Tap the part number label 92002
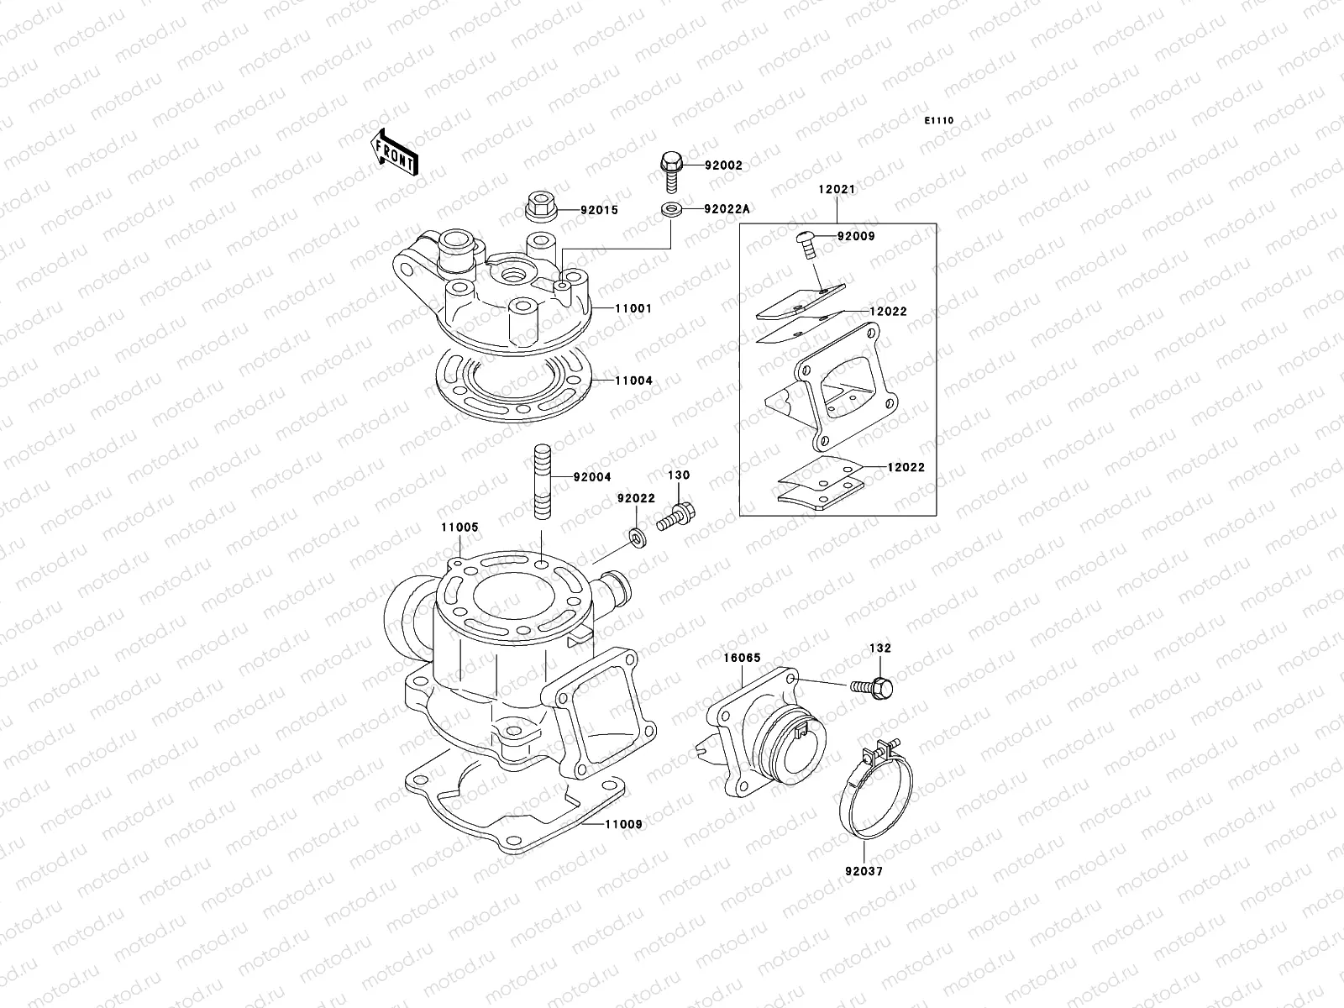pyautogui.click(x=723, y=166)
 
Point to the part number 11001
pyautogui.click(x=633, y=309)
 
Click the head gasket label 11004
pyautogui.click(x=633, y=381)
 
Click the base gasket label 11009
pyautogui.click(x=622, y=824)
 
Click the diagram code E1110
pyautogui.click(x=939, y=121)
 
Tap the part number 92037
pyautogui.click(x=864, y=871)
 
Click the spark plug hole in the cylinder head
pyautogui.click(x=512, y=275)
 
